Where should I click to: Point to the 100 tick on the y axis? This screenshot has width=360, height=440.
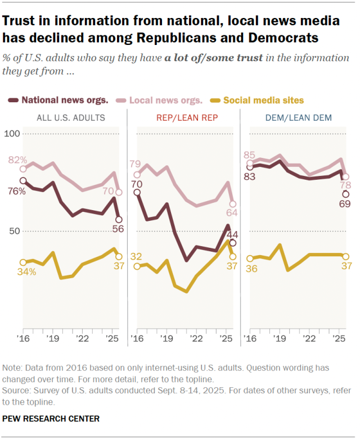tap(11, 134)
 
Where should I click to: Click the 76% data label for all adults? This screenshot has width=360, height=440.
tap(17, 191)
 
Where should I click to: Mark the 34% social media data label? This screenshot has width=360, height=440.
tap(26, 272)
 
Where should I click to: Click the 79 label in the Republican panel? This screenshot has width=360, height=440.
tap(135, 164)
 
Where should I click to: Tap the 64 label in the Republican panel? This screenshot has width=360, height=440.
tap(232, 212)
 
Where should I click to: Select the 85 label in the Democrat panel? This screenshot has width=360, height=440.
tap(250, 155)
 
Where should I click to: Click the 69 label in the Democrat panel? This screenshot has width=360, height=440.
tap(345, 204)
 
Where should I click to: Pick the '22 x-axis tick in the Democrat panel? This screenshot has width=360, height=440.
tap(309, 339)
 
